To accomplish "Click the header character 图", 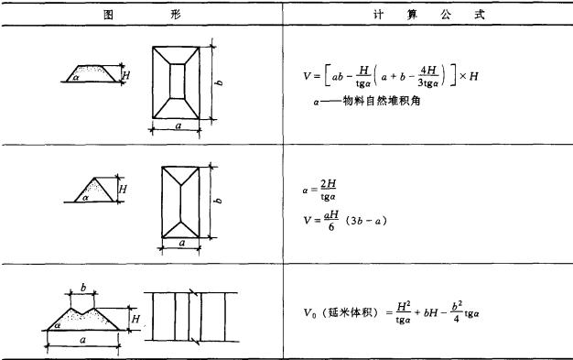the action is click(x=107, y=16).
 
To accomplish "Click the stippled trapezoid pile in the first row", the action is click(x=92, y=71).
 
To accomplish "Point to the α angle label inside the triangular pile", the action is click(x=85, y=196).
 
